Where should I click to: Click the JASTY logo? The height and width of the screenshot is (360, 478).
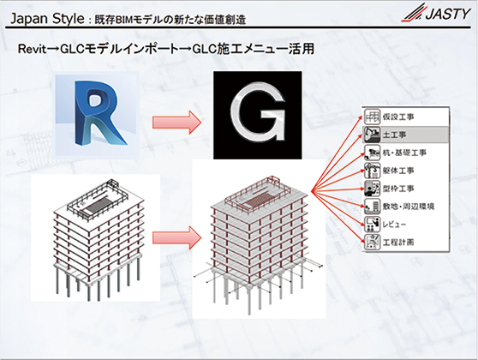point(436,13)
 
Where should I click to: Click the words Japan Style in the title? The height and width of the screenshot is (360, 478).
point(47,19)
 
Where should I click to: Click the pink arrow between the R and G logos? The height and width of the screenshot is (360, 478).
point(176,122)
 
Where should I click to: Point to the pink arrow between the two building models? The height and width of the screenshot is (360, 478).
point(176,237)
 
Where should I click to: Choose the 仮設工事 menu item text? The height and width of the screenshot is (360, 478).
point(398,117)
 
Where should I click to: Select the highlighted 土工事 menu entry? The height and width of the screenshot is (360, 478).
point(406,135)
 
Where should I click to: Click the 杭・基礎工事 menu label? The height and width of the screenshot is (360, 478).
point(404,153)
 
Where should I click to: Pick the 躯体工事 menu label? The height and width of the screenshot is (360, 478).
point(398,171)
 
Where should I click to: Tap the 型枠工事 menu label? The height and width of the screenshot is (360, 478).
point(398,189)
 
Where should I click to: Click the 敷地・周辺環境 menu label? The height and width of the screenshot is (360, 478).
point(409,207)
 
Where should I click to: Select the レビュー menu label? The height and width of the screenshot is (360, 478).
point(394,225)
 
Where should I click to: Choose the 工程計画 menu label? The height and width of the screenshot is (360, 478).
point(398,243)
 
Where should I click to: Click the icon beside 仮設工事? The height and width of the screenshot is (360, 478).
point(373,117)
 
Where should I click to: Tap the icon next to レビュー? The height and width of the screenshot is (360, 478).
point(373,225)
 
